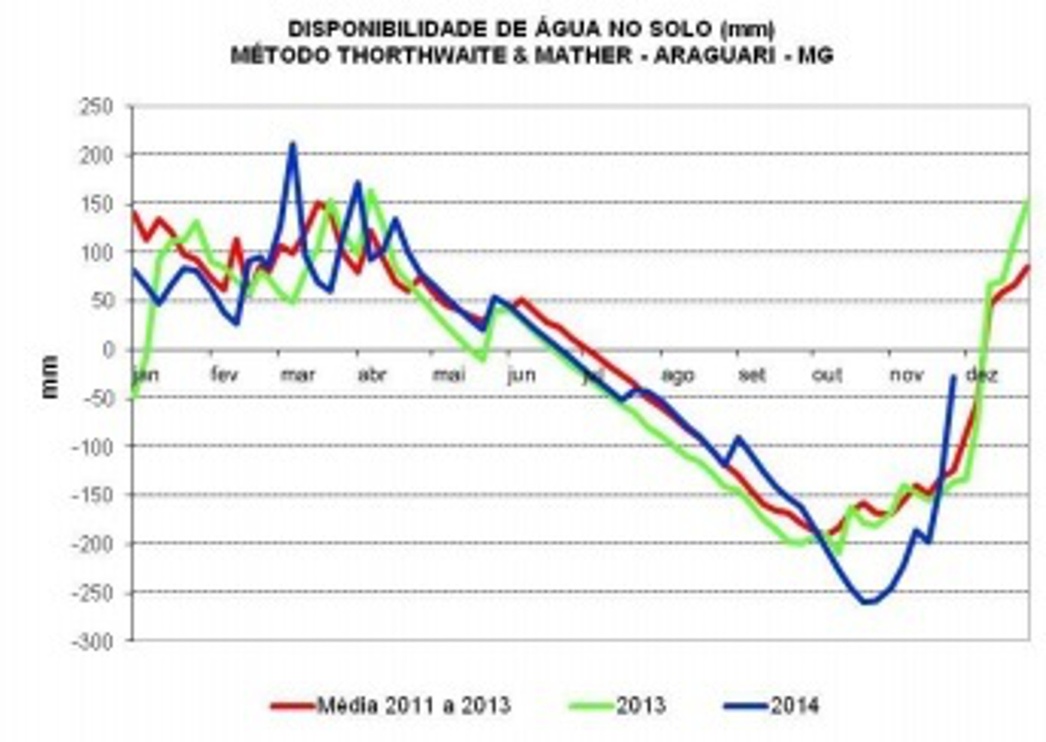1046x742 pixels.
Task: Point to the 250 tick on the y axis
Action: click(96, 106)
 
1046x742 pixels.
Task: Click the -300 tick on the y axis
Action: click(92, 642)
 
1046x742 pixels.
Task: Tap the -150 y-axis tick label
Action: click(92, 495)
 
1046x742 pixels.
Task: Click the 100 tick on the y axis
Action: click(96, 252)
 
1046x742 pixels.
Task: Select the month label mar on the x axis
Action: click(298, 375)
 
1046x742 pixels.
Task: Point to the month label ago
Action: click(677, 375)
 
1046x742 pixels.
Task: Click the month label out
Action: click(827, 375)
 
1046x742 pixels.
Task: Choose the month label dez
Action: click(981, 375)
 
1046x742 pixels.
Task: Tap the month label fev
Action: click(224, 375)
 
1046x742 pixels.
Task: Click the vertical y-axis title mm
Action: click(50, 376)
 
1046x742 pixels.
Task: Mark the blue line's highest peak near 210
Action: click(293, 144)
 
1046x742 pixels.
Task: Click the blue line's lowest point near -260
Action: click(866, 603)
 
